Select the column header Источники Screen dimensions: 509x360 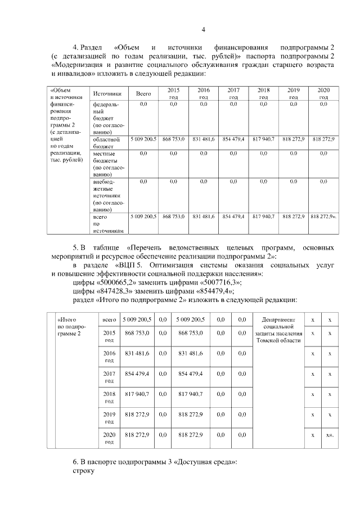tap(107, 94)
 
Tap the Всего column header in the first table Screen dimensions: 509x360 tap(143, 94)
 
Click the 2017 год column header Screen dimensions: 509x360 tap(233, 93)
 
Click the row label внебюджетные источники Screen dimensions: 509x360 tap(107, 195)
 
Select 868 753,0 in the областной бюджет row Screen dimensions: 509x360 tap(173, 139)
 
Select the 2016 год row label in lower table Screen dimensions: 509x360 tap(109, 356)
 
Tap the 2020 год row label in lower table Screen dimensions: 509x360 tap(109, 438)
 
